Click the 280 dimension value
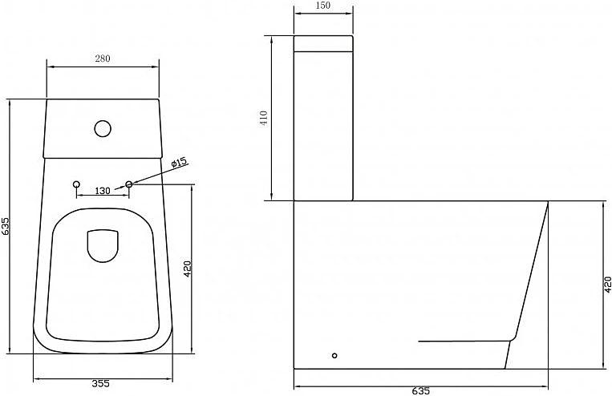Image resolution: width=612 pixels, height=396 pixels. (x=103, y=59)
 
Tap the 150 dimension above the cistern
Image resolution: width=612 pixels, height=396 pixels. (x=322, y=5)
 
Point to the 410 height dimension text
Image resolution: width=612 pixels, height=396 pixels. (x=264, y=118)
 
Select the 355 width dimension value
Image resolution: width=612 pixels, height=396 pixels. (x=101, y=383)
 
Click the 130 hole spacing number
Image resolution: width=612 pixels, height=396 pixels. (x=103, y=191)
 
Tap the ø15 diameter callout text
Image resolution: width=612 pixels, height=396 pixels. (x=180, y=163)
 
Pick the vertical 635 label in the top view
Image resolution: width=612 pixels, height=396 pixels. (x=6, y=226)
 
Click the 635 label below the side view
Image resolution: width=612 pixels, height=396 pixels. (x=420, y=391)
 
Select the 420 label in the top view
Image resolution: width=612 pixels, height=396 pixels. (x=188, y=269)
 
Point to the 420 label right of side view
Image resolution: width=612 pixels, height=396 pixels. (x=607, y=285)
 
